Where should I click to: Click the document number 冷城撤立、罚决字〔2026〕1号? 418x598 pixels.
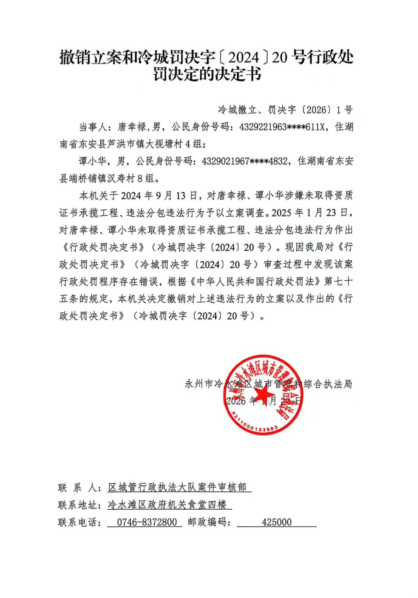[285, 110]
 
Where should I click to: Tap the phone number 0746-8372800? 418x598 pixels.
[147, 522]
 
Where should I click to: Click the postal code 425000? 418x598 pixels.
[276, 522]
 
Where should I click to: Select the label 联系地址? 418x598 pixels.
[78, 505]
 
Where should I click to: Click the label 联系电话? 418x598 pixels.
[78, 522]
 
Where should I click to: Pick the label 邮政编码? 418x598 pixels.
[207, 522]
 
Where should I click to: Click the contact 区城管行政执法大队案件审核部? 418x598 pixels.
[177, 488]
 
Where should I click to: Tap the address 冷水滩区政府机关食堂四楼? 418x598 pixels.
[167, 505]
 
